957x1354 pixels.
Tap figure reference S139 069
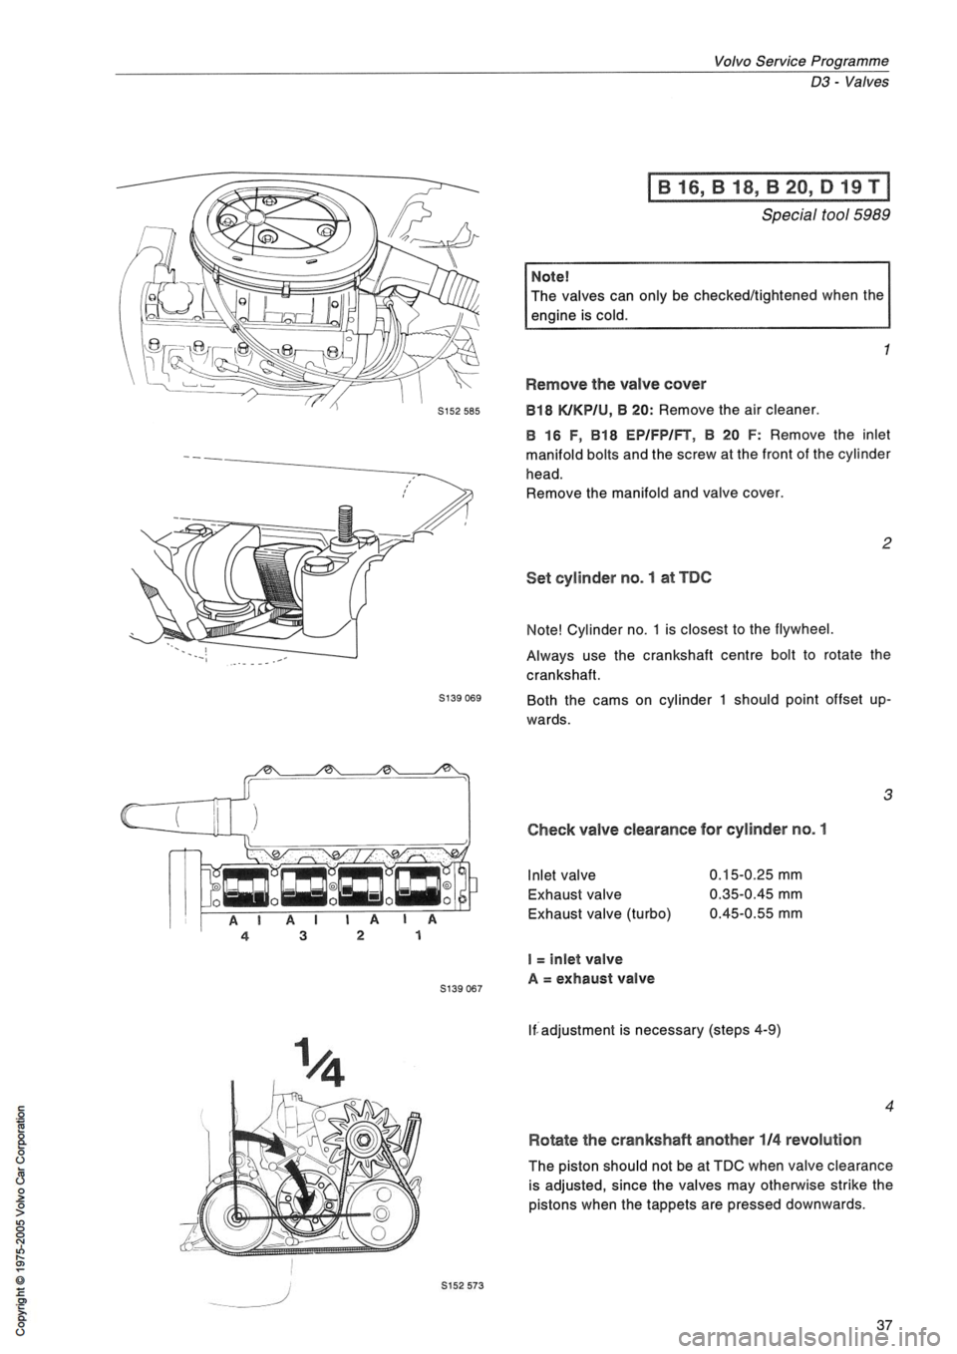coord(461,697)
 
